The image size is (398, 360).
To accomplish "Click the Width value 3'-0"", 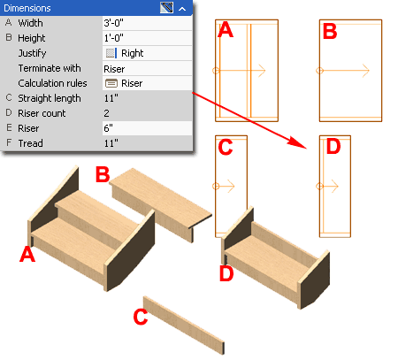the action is coord(113,23).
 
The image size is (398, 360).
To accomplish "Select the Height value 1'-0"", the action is coord(113,38).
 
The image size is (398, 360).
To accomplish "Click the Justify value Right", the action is coord(132,53).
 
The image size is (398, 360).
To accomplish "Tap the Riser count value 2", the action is coord(106,113).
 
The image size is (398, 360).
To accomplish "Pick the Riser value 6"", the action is coord(108,128).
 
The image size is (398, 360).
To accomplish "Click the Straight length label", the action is coord(50,98).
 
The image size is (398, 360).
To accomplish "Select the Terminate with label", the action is coord(50,68).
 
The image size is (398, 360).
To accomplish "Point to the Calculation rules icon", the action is coord(111,83).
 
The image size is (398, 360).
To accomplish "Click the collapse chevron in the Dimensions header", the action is coord(182,9).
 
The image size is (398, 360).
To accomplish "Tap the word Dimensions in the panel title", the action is coord(27,8).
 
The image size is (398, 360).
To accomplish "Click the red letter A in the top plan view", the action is coord(226,30).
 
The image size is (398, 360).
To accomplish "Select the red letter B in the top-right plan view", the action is coord(330,31).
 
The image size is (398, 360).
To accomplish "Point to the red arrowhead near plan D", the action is coord(298,142).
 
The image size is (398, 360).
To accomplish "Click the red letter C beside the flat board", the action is coord(141,317).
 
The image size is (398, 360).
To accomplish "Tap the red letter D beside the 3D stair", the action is coord(226,273).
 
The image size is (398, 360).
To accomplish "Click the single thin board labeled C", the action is coord(184,326).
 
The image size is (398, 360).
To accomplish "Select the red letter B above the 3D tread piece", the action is coord(103,174).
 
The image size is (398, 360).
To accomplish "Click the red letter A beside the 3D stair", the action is coord(27,255).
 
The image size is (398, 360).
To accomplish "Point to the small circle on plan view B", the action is coord(319,71).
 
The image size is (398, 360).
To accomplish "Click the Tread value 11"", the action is coord(111,143).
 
